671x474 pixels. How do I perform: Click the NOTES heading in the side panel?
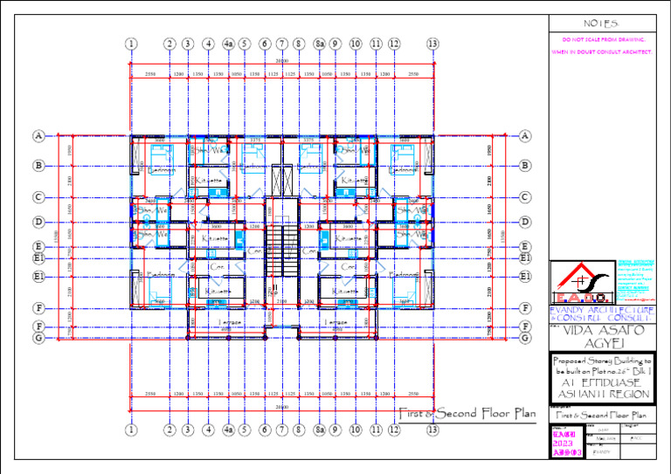(x=600, y=23)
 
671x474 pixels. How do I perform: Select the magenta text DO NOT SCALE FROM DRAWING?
(x=603, y=40)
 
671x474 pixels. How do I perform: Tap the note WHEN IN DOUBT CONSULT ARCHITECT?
(x=603, y=52)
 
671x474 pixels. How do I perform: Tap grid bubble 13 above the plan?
(x=432, y=43)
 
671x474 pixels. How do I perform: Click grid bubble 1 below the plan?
(x=131, y=429)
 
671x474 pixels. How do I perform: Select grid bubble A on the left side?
(x=38, y=136)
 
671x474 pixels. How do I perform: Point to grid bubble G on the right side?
(x=525, y=337)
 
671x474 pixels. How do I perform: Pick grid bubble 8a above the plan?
(x=320, y=43)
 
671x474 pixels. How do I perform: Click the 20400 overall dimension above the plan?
(x=281, y=61)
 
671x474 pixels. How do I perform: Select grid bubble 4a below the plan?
(x=228, y=429)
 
